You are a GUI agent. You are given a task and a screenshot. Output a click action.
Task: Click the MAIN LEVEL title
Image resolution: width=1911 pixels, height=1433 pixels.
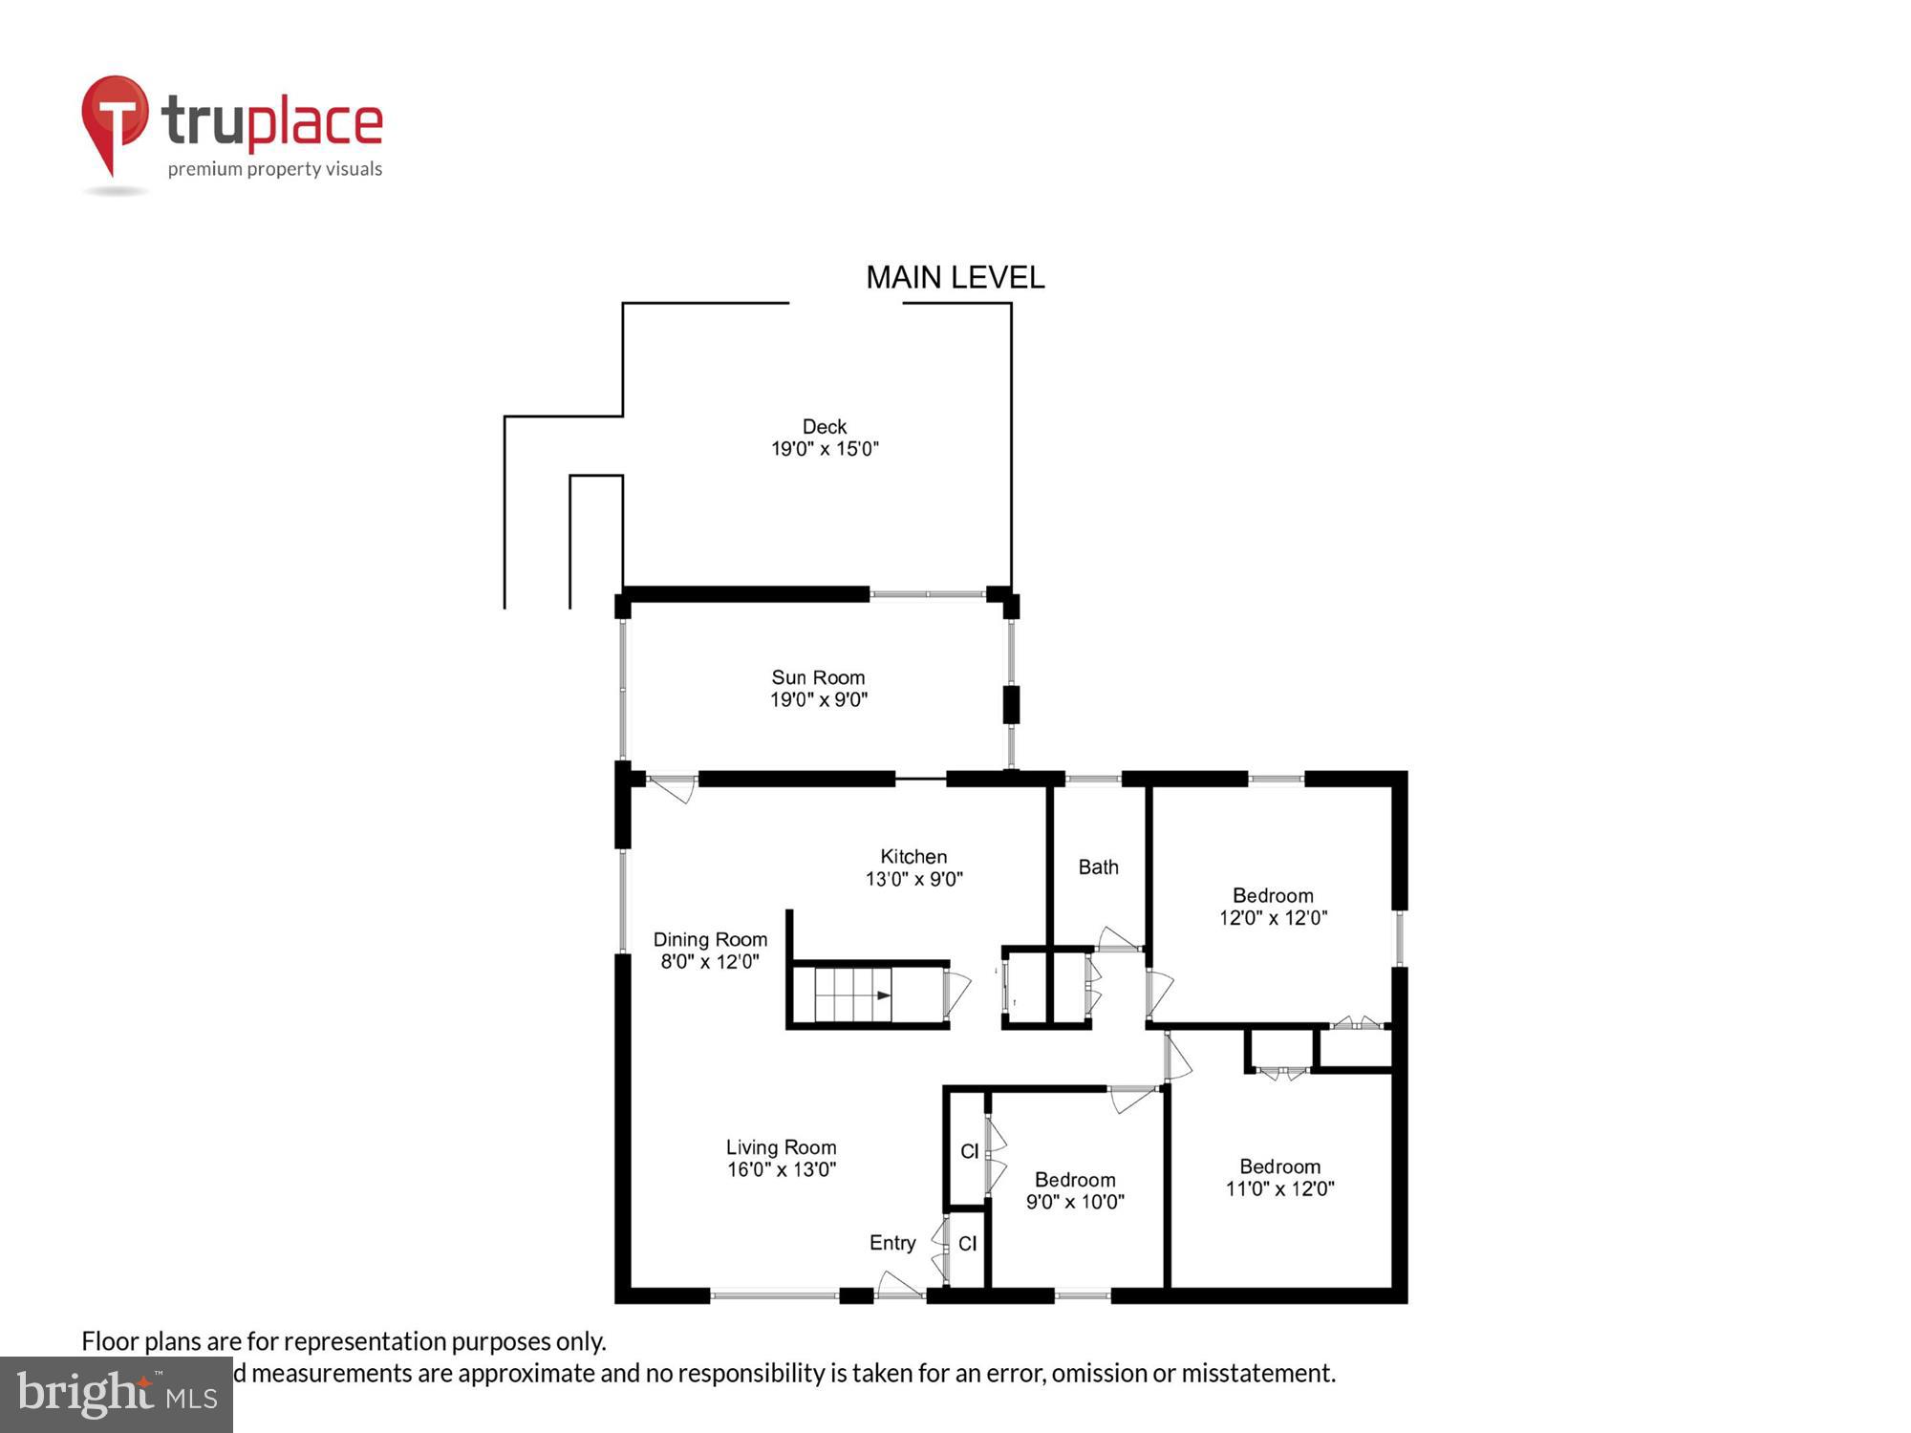point(955,278)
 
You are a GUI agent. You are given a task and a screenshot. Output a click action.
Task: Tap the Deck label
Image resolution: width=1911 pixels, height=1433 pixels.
point(825,427)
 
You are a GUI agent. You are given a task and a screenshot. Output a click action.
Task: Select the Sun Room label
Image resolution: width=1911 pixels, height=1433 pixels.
point(818,677)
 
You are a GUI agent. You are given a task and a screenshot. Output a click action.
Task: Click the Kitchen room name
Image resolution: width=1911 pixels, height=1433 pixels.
point(913,857)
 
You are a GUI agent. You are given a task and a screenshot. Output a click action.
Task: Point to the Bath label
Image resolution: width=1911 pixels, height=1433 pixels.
point(1098,867)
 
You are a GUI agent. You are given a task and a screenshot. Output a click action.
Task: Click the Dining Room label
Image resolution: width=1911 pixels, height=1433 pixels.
point(710,940)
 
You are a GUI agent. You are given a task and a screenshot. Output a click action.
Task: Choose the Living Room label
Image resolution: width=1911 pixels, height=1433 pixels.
point(781,1147)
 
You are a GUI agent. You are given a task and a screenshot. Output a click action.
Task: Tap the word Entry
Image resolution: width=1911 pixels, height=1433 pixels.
point(892,1243)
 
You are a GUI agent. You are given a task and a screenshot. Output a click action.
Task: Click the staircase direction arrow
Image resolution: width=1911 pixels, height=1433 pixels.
point(884,995)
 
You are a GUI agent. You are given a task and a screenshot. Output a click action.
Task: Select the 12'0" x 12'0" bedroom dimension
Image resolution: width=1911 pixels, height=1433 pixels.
point(1273,918)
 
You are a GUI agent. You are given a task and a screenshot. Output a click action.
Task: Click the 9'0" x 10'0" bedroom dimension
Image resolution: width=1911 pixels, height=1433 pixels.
point(1075,1202)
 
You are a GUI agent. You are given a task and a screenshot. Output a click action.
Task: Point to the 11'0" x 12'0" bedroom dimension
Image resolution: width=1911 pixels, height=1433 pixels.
point(1279,1189)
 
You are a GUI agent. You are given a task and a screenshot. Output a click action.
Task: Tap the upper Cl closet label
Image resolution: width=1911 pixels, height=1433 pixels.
point(969,1152)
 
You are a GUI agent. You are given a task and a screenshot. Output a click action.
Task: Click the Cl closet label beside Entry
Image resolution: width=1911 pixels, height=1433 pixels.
point(967,1244)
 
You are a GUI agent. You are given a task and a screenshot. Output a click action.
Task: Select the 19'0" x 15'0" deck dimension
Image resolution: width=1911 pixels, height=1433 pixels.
point(825,449)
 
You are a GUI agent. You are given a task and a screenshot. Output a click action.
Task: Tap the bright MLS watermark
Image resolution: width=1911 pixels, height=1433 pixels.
point(117,1395)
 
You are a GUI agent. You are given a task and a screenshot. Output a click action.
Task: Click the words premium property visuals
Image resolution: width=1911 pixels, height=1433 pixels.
point(275,170)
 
